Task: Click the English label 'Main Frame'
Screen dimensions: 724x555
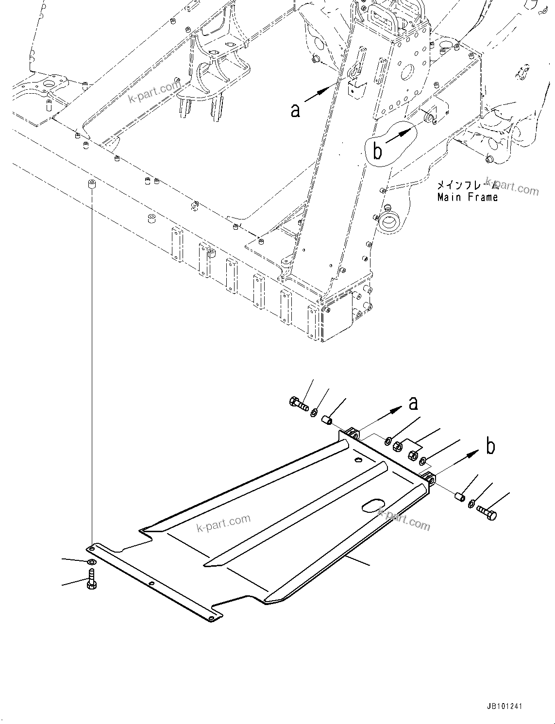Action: coord(467,197)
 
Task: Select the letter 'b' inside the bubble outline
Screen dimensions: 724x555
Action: coord(377,151)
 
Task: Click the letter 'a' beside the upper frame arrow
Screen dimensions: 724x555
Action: coord(295,111)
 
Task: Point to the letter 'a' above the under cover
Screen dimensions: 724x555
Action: coord(413,403)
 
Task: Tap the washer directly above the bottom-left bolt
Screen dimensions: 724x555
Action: coord(91,562)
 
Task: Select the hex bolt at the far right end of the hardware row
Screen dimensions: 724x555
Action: coord(487,512)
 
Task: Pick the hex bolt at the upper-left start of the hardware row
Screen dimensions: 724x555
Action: coord(297,403)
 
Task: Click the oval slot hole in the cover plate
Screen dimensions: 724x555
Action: coord(374,505)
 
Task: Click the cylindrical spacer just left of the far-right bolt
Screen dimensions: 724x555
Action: coord(458,497)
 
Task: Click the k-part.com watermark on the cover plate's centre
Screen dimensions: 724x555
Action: coord(224,522)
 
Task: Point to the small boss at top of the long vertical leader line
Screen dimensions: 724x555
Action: coord(90,184)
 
